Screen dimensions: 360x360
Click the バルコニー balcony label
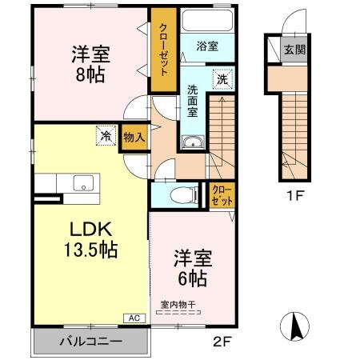point(90,342)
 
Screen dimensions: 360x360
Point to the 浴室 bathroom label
point(207,46)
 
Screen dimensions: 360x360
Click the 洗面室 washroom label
point(194,102)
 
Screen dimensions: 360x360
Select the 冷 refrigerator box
point(106,136)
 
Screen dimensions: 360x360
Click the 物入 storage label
point(134,137)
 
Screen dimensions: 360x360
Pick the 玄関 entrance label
point(294,50)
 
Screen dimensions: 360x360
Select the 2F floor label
point(222,344)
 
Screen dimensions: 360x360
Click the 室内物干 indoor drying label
point(177,304)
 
